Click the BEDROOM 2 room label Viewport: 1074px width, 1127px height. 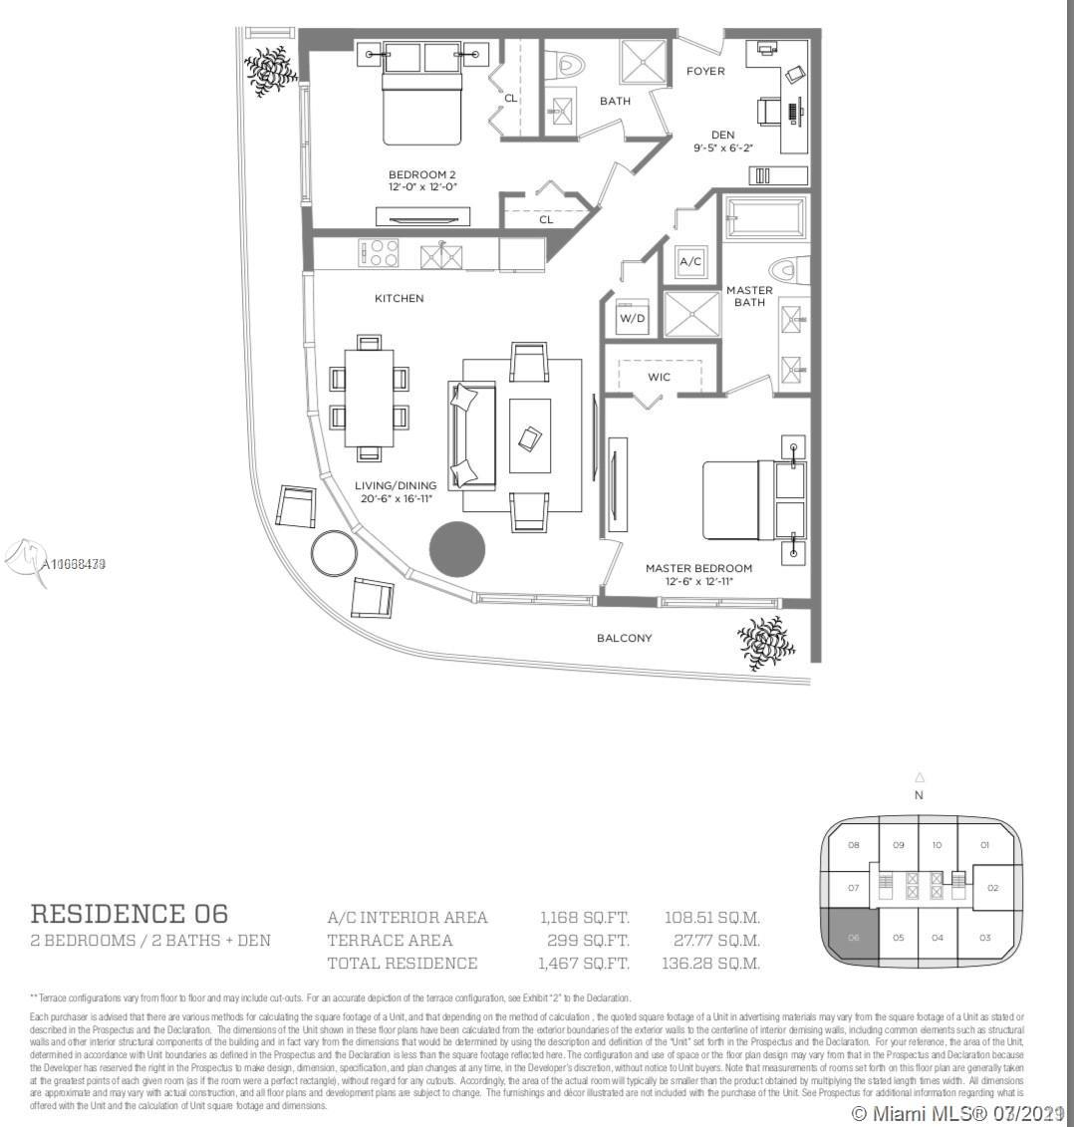[423, 175]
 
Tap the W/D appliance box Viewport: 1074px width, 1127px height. [632, 317]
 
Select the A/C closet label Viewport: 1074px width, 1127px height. [689, 261]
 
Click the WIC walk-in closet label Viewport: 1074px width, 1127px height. [659, 377]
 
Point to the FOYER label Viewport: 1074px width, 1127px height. [705, 71]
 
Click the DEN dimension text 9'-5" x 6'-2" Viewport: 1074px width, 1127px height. [722, 147]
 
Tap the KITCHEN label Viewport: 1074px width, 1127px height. [399, 298]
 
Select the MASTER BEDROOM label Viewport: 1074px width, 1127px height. [698, 568]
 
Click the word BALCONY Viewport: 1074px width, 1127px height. [625, 638]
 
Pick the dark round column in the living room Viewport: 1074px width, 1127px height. [457, 549]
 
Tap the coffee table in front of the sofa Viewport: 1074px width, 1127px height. [530, 436]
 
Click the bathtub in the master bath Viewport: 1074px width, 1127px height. [765, 218]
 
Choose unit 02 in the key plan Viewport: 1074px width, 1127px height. [992, 888]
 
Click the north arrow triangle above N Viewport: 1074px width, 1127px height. [919, 777]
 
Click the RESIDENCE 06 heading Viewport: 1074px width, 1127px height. [130, 913]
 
